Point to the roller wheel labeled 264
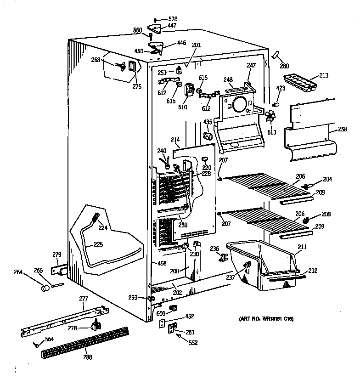pos(45,288)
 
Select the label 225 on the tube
pos(98,244)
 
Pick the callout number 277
pos(83,299)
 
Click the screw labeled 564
pos(35,344)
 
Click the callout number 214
pos(175,139)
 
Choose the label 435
pos(208,122)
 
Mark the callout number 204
pos(328,179)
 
